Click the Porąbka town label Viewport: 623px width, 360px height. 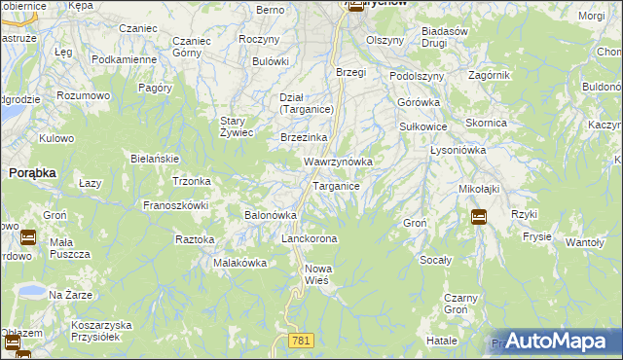32,171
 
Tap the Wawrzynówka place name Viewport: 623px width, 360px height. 338,161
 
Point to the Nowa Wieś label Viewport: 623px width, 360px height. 319,274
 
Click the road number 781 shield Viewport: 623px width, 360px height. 300,340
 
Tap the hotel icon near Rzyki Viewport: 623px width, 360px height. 479,217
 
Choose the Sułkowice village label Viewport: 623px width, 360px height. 423,126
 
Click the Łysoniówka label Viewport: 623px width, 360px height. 458,151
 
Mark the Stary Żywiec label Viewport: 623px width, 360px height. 236,126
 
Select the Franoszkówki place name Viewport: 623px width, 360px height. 176,205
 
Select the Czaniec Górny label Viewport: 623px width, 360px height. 191,48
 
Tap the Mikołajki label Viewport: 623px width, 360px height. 479,188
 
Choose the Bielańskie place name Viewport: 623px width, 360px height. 154,158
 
